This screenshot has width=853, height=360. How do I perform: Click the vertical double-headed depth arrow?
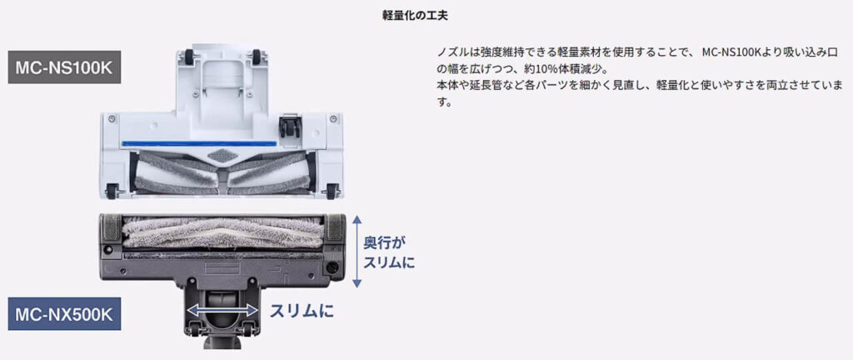coord(357,251)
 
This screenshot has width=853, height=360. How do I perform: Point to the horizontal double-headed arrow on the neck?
coord(222,309)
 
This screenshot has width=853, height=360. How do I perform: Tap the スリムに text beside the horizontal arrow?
coord(301,311)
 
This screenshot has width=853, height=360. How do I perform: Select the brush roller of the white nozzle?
coord(221,172)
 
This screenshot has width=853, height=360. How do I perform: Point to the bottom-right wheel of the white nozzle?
coord(333,192)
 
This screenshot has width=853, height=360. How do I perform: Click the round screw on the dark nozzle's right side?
coord(333,268)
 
